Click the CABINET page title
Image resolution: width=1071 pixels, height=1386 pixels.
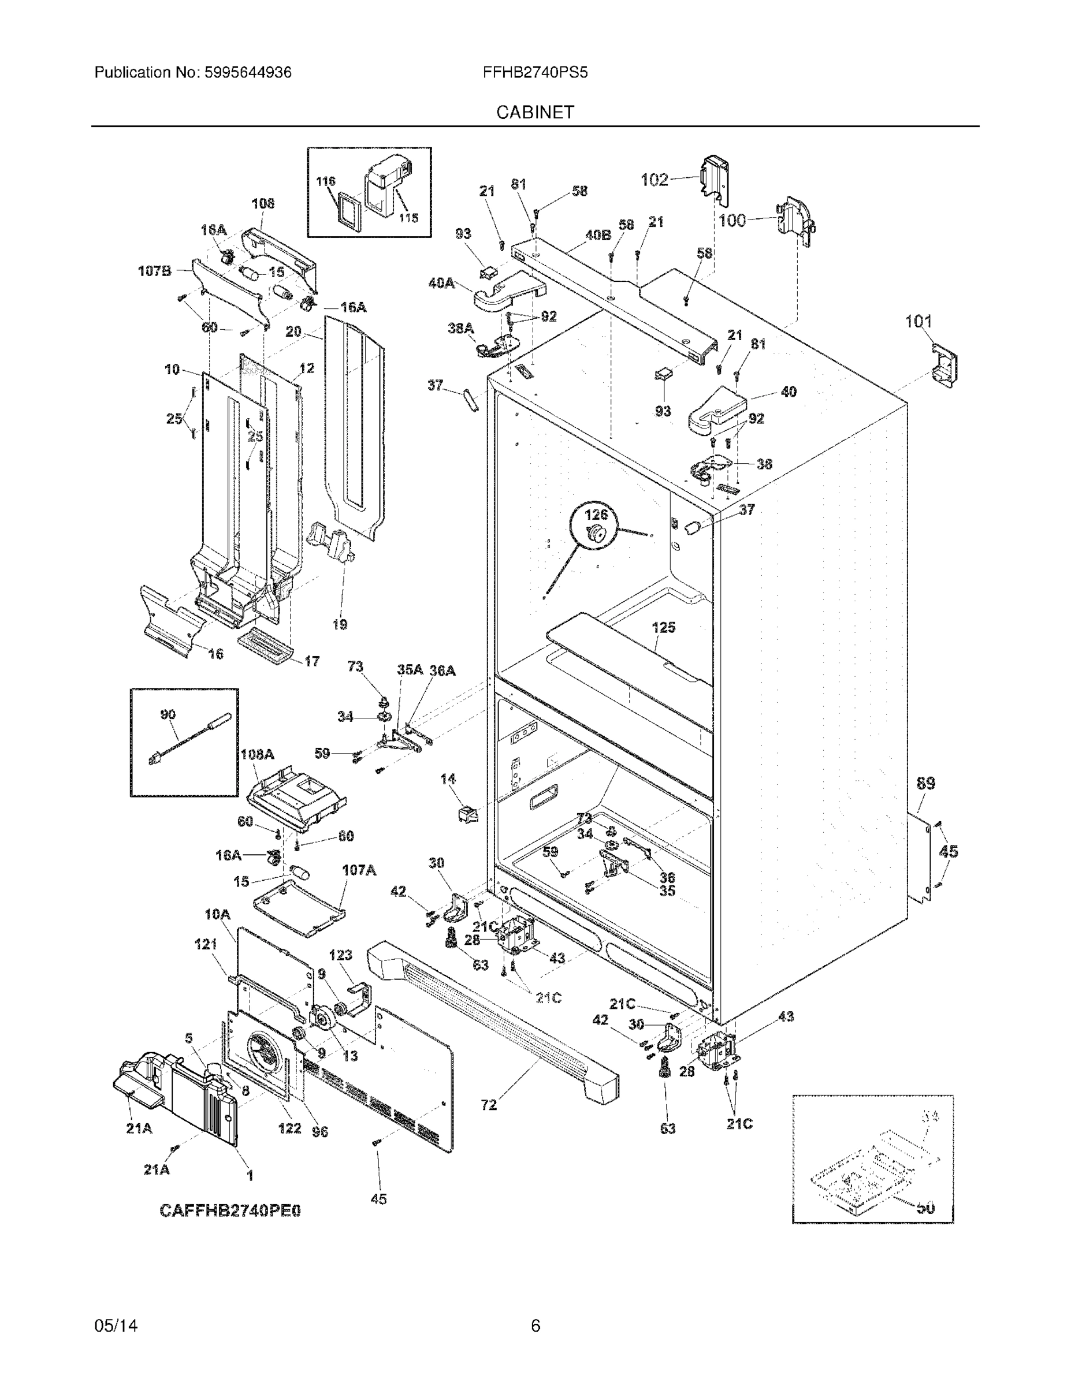point(534,113)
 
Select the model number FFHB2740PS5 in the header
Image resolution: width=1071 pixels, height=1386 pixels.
point(534,72)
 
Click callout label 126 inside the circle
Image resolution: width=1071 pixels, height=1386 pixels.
point(596,515)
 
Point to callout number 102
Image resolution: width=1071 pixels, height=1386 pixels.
point(654,180)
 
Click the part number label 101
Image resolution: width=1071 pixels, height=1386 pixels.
point(917,321)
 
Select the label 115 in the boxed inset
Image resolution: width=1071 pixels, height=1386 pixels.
point(408,218)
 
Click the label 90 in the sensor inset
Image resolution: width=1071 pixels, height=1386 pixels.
point(168,714)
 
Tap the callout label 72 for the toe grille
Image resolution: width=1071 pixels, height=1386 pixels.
point(489,1105)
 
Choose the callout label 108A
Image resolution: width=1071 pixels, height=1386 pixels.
point(257,755)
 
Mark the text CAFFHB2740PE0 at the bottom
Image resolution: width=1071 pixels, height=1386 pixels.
point(230,1210)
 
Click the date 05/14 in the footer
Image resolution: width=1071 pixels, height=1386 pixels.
point(116,1325)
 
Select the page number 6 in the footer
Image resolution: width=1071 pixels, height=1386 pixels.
point(535,1325)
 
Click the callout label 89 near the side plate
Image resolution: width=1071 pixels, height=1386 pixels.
point(925,783)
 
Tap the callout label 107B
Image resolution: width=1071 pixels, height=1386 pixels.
point(154,271)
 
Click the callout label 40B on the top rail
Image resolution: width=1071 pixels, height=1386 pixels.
point(597,235)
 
